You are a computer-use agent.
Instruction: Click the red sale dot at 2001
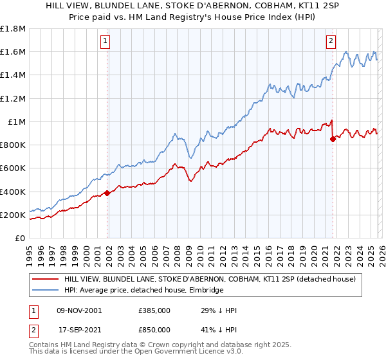pos(107,193)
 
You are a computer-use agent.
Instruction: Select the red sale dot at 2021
pos(333,139)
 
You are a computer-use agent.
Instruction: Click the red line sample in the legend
pos(45,279)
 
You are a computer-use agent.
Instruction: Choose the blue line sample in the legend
pos(45,291)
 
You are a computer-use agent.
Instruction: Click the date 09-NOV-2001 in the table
pos(79,310)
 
